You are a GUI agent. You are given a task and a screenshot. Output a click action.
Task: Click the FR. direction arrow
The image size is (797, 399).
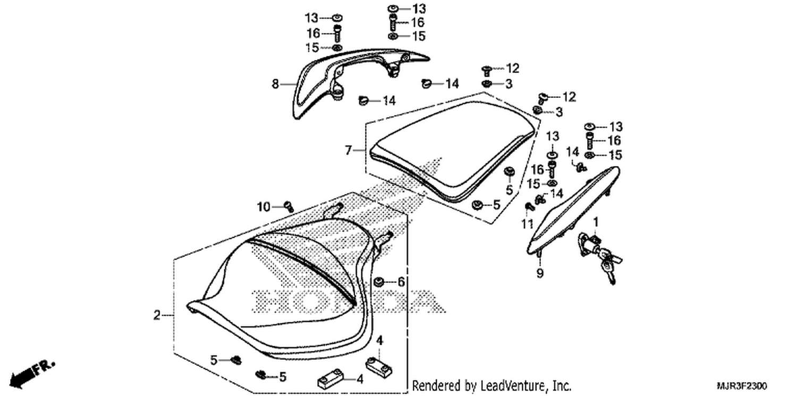tap(32, 373)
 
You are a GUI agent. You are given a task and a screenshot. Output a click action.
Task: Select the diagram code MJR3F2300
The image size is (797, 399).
tap(742, 386)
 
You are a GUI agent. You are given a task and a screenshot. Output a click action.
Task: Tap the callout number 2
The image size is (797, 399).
tap(157, 315)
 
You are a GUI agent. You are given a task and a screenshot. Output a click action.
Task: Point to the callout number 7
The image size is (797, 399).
tap(349, 151)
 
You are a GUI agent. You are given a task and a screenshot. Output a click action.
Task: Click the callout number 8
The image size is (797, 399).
tap(275, 84)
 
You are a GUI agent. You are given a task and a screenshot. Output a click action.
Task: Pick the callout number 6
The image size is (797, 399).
tap(401, 282)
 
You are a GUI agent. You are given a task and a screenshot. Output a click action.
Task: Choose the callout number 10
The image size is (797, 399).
tap(264, 206)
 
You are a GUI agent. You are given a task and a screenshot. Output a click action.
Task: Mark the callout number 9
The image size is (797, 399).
tap(540, 273)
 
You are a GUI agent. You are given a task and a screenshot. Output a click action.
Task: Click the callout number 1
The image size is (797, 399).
tap(596, 222)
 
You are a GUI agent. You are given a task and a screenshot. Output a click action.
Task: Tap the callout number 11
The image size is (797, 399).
tap(527, 224)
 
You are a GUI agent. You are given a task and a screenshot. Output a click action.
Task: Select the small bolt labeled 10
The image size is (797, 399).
tap(289, 206)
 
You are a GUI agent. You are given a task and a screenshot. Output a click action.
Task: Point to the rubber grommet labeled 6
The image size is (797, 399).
tap(378, 282)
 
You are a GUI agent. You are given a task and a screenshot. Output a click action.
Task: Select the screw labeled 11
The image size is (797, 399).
tap(530, 206)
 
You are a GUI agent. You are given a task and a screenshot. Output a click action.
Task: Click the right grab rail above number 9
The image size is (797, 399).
tap(573, 210)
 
